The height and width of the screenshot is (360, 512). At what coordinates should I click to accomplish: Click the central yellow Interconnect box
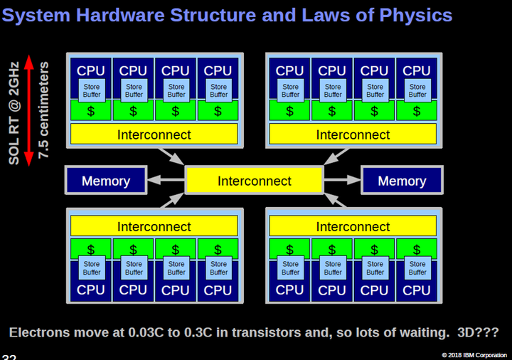coord(254,181)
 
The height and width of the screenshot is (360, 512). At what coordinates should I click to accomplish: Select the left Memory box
coord(105,181)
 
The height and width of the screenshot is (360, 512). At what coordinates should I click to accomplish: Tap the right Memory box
coord(402,181)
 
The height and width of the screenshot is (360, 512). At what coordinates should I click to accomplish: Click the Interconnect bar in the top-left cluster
coord(154,134)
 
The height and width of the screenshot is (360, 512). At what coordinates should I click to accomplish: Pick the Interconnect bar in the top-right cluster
coord(353,134)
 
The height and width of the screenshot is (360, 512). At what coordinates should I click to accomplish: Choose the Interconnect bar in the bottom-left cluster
coord(154,227)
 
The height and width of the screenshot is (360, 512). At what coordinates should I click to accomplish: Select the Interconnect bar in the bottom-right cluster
coord(353,227)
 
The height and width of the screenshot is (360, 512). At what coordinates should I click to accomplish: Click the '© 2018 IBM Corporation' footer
coord(474,354)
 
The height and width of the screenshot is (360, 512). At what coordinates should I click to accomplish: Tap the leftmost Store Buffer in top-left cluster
coord(91,90)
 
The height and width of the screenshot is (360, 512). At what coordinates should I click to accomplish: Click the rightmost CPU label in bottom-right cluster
coord(417,290)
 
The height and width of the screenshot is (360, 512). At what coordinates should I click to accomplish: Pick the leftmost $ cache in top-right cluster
coord(289,111)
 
